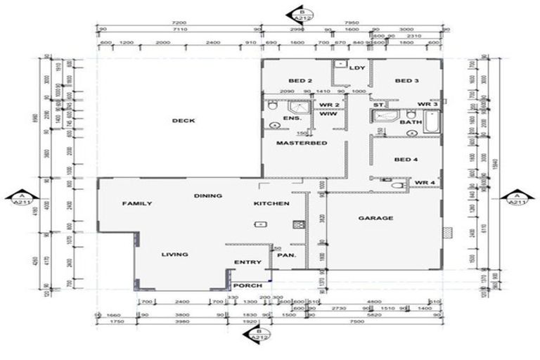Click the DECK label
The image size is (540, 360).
click(x=183, y=120)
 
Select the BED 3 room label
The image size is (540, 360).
click(x=406, y=81)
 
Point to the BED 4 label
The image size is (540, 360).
click(x=406, y=160)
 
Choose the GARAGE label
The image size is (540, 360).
click(x=375, y=218)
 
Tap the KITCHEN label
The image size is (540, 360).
click(x=271, y=204)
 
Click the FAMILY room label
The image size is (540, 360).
click(x=137, y=204)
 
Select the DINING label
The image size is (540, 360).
click(x=209, y=195)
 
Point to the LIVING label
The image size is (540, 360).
click(x=174, y=255)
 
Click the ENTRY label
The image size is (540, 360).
click(x=247, y=262)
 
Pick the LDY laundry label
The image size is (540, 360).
click(x=356, y=68)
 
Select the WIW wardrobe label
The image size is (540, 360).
click(x=327, y=114)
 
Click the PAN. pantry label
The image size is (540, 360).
click(x=285, y=255)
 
